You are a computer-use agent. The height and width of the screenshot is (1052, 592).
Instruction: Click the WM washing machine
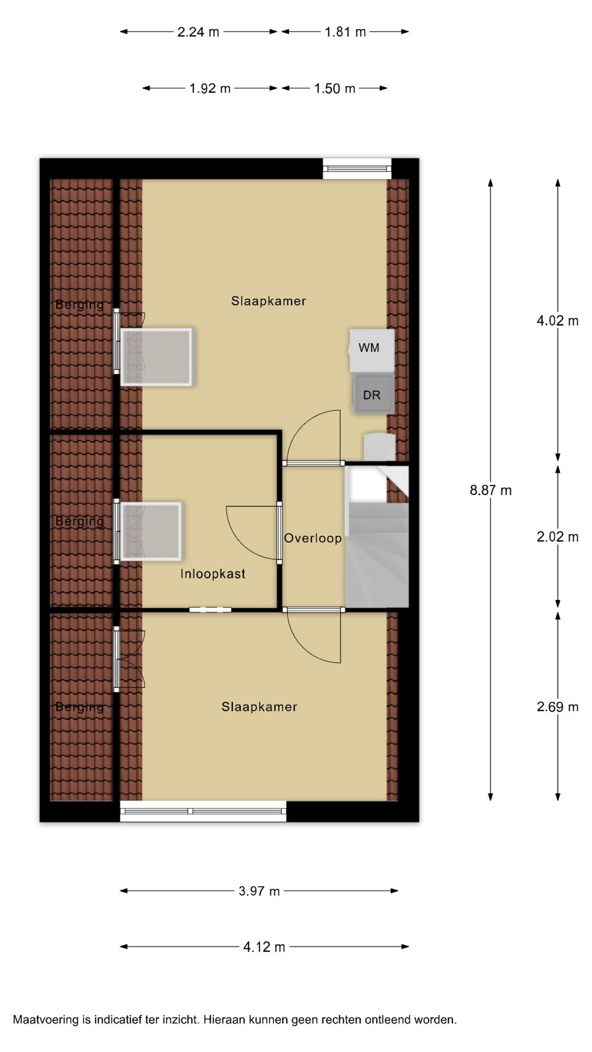coord(372,350)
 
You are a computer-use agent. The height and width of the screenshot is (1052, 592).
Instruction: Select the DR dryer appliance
coord(373,394)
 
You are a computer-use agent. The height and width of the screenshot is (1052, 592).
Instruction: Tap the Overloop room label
coord(313,538)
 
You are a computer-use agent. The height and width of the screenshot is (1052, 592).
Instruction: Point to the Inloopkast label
coord(213,574)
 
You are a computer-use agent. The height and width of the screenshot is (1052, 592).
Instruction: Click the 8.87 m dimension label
coord(491,490)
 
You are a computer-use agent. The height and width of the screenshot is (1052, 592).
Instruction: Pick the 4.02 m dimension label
coord(557,321)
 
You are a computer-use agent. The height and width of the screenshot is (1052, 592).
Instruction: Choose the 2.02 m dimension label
coord(557,536)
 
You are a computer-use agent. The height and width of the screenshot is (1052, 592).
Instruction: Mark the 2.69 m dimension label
coord(557,707)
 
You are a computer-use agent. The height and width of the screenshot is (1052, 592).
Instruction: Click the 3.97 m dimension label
coord(259,891)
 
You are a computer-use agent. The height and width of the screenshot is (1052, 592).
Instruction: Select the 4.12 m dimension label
coord(264,947)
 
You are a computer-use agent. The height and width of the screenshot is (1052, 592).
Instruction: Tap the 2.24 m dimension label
coord(198,32)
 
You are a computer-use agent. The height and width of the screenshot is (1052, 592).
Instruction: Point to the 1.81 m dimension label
coord(345,32)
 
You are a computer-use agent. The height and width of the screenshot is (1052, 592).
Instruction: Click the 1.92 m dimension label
coord(210,88)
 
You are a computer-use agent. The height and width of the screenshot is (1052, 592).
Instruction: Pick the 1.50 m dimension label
coord(335,88)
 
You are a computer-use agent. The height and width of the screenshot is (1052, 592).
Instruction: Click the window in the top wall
coord(357,168)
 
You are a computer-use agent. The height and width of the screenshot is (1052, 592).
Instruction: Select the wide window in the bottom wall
coord(203,811)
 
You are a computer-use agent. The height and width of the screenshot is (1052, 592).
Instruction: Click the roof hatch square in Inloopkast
coord(151,531)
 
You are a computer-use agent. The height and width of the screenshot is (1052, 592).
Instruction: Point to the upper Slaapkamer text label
coord(269,301)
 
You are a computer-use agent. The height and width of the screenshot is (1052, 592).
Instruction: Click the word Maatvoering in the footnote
coord(46,1020)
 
